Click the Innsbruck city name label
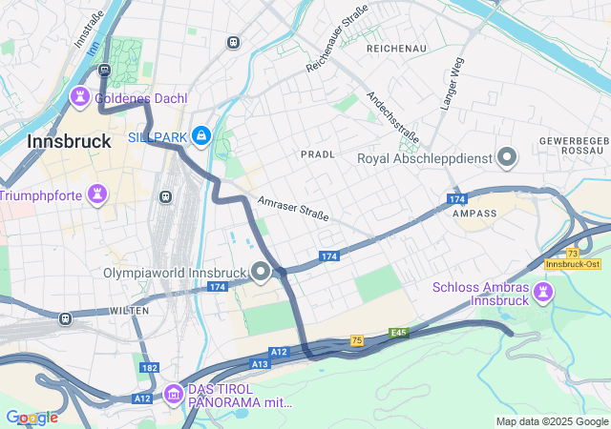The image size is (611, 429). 69,140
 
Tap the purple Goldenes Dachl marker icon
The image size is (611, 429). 80,97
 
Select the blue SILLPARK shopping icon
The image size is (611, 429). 200,137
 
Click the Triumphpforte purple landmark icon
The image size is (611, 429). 95,194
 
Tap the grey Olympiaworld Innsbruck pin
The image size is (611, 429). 261,273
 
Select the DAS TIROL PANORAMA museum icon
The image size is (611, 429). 173,393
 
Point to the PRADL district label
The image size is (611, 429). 317,153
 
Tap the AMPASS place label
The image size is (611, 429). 474,214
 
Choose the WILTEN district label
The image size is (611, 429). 129,311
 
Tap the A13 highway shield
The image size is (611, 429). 261,364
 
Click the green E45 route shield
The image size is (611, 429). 398,333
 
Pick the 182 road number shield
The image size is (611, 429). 149,367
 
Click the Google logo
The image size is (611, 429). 32,418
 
